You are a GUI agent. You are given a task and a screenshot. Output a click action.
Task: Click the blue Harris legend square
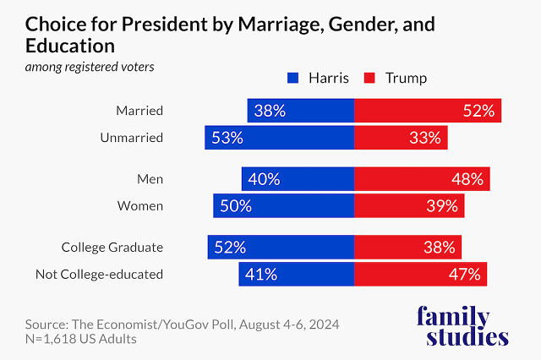pos(293,79)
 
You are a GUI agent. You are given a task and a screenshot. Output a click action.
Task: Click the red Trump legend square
pos(369,79)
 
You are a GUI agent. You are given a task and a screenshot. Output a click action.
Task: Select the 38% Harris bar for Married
pos(300,111)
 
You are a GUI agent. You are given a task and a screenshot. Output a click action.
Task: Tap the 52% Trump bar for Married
pos(428,111)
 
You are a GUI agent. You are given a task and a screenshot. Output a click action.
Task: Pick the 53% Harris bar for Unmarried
pos(279,138)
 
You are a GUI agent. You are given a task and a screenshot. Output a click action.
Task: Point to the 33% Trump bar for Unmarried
pos(401,138)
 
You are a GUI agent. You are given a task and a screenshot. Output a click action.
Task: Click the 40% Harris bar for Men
pos(298,179)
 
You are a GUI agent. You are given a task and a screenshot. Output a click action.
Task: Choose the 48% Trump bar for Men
pos(422,179)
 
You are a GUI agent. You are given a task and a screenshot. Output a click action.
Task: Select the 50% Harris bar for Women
pos(283,205)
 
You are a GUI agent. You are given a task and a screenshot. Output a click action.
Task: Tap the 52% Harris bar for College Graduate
pos(281,248)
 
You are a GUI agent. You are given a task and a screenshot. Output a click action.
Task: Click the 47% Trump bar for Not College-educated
pos(420,274)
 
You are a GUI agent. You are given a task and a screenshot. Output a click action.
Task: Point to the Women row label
pos(141,205)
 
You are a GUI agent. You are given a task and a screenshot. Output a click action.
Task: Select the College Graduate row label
pos(112,248)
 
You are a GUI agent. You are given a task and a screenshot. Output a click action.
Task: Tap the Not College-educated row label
pos(99,274)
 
